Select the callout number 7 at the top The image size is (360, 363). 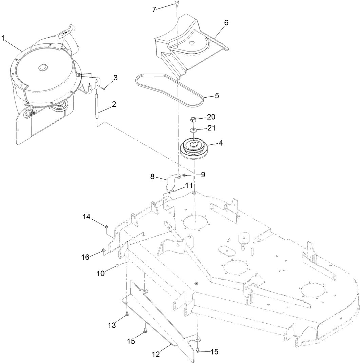154,9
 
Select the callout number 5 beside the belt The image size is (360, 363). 216,96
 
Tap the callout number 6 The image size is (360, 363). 226,23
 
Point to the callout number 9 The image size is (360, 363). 203,175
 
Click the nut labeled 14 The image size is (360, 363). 107,227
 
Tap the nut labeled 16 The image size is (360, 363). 103,251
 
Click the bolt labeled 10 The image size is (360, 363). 118,265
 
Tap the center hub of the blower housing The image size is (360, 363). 43,68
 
